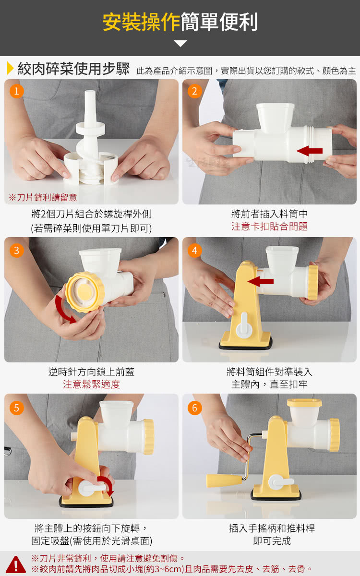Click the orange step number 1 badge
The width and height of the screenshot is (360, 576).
[x=16, y=91]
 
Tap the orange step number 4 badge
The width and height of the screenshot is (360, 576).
[x=195, y=251]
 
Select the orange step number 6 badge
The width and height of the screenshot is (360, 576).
[x=195, y=408]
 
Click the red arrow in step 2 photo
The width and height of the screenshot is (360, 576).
[x=309, y=151]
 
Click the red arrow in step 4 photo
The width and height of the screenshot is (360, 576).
[x=260, y=282]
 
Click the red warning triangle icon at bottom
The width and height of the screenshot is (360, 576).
[x=16, y=564]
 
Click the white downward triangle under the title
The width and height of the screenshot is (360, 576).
[x=180, y=44]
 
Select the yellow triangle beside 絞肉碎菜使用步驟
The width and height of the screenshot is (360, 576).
[x=10, y=68]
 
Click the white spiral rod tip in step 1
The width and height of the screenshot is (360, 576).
[x=90, y=95]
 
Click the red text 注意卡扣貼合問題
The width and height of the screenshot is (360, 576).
[x=269, y=227]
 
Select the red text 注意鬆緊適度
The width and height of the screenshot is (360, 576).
[x=91, y=384]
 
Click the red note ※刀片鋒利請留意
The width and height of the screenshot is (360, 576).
[x=43, y=197]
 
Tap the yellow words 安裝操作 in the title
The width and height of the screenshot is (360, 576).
[x=141, y=22]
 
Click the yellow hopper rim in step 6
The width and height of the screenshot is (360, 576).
[x=304, y=403]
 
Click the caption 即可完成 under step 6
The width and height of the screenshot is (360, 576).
[x=272, y=541]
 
